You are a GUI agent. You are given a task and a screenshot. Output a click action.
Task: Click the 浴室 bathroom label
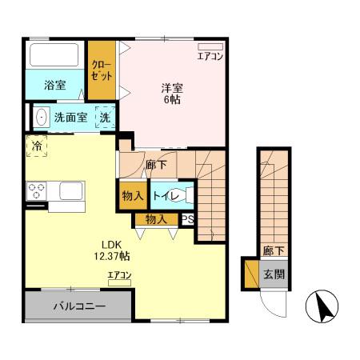coord(54,84)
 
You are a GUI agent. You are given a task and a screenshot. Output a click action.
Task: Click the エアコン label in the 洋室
coord(210,56)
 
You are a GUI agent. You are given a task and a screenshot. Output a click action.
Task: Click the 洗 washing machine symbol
coord(105,118)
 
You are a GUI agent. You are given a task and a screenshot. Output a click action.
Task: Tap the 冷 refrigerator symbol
coord(37,147)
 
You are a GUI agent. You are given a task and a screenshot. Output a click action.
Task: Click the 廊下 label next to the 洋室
coord(156,165)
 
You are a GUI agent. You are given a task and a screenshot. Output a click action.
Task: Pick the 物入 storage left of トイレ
coord(133,196)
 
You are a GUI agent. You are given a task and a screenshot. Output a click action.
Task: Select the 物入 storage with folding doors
coord(156,218)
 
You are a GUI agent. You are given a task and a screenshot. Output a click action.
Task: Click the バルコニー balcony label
coord(79,306)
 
